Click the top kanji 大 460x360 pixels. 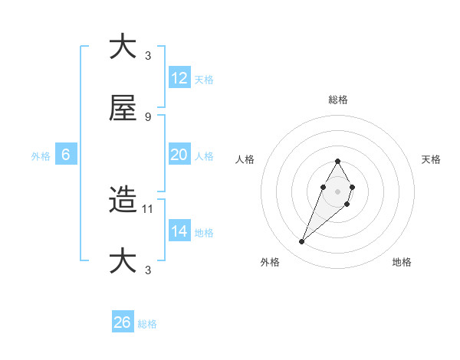click(x=123, y=47)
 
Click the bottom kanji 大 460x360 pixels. click(x=123, y=261)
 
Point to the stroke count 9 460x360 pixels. click(x=147, y=116)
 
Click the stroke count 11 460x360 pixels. click(x=149, y=208)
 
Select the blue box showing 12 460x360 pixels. click(x=179, y=78)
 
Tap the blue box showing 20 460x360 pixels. click(x=179, y=155)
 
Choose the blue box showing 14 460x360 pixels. click(x=179, y=231)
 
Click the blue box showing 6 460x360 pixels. click(x=66, y=155)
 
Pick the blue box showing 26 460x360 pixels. click(x=123, y=322)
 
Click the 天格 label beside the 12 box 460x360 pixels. click(x=203, y=80)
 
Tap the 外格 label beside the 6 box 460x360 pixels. click(x=41, y=156)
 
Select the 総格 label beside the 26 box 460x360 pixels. click(x=147, y=324)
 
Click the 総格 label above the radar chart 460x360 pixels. click(x=337, y=100)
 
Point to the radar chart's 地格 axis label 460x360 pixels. click(x=402, y=262)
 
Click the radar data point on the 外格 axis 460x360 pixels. click(x=302, y=242)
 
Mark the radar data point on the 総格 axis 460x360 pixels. click(x=337, y=161)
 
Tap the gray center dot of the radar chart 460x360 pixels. click(x=337, y=190)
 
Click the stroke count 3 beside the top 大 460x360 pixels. click(x=147, y=55)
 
